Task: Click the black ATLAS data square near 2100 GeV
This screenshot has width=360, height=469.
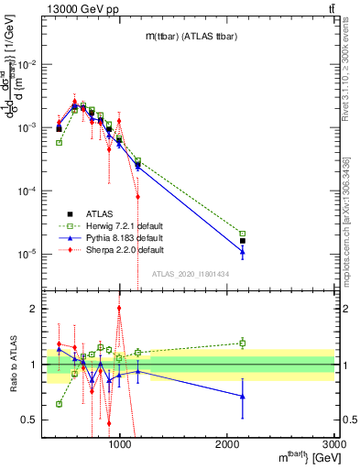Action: pyautogui.click(x=243, y=241)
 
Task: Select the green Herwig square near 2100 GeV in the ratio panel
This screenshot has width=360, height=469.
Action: pyautogui.click(x=243, y=343)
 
